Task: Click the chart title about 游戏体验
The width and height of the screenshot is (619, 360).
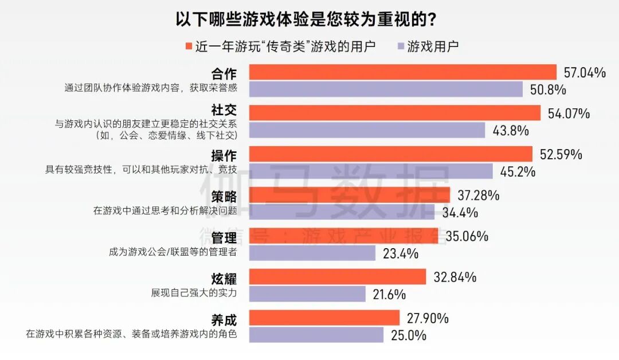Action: [x=308, y=18]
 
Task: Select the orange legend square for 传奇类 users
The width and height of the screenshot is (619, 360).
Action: [x=189, y=46]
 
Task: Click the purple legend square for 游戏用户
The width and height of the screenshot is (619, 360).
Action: [x=401, y=46]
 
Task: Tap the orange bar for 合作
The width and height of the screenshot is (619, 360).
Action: [x=402, y=72]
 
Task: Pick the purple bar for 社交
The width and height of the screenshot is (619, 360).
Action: [x=367, y=130]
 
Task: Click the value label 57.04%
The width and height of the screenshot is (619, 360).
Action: [x=585, y=73]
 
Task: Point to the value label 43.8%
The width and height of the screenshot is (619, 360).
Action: [x=511, y=131]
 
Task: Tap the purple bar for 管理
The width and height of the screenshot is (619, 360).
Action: [x=312, y=253]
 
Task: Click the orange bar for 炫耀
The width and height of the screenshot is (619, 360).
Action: [x=337, y=277]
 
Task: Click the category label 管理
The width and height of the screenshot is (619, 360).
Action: [x=224, y=237]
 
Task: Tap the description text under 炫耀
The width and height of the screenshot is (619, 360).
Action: [x=194, y=292]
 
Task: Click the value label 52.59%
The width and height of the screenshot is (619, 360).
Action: [x=561, y=155]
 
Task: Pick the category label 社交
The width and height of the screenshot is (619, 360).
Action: [x=224, y=110]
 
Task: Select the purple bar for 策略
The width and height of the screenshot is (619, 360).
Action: [x=342, y=213]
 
